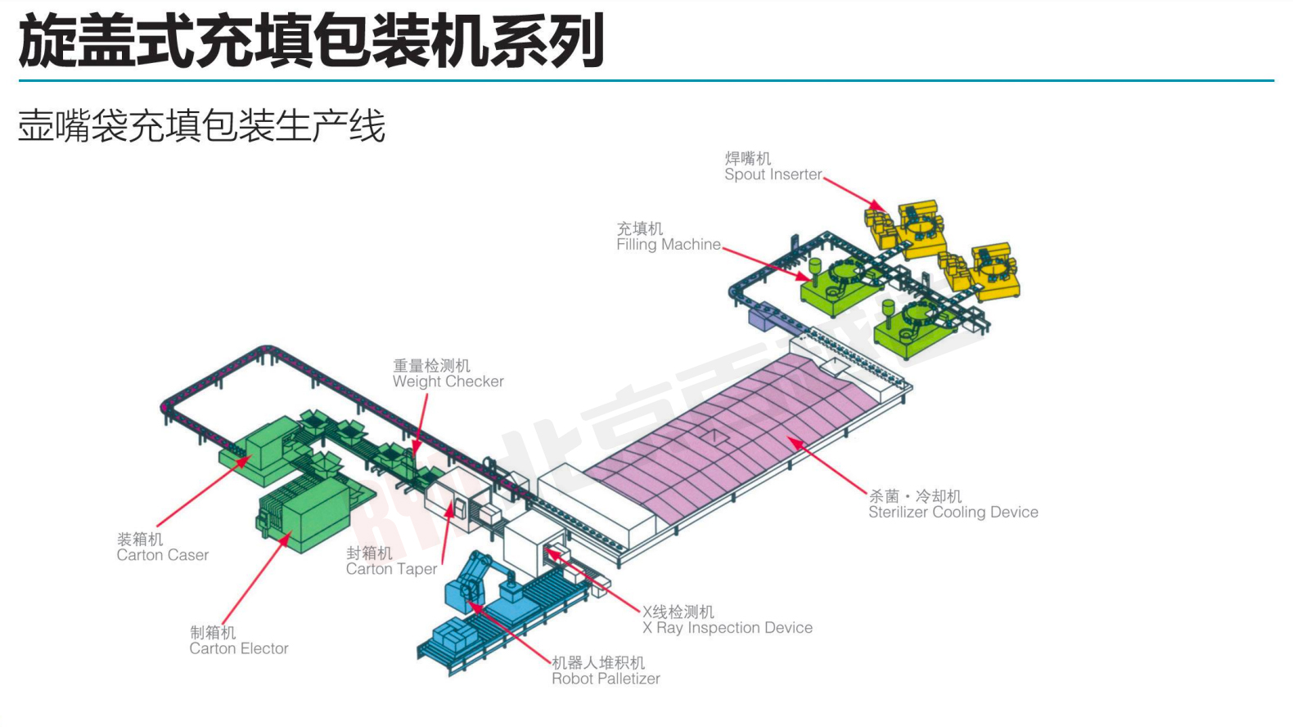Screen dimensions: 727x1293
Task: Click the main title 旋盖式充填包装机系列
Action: [311, 41]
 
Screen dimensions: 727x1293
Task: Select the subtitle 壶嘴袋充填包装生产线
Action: [201, 127]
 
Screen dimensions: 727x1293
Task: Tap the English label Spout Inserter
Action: [773, 174]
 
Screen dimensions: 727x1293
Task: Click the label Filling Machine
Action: [669, 244]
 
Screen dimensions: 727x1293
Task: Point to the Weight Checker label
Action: [448, 382]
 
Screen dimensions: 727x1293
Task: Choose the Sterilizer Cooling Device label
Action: [953, 513]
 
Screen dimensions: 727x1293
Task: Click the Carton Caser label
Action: [162, 555]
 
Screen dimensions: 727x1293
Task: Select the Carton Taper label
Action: [391, 569]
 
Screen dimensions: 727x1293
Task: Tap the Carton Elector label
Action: [238, 648]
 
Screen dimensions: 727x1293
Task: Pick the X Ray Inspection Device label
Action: [727, 628]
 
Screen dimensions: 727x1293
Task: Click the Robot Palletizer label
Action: [606, 679]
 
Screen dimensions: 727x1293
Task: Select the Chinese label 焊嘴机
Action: [747, 158]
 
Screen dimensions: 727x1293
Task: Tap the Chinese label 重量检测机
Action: [431, 365]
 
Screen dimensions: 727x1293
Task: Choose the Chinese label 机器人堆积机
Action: [597, 662]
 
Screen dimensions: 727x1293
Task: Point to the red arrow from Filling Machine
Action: [766, 263]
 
